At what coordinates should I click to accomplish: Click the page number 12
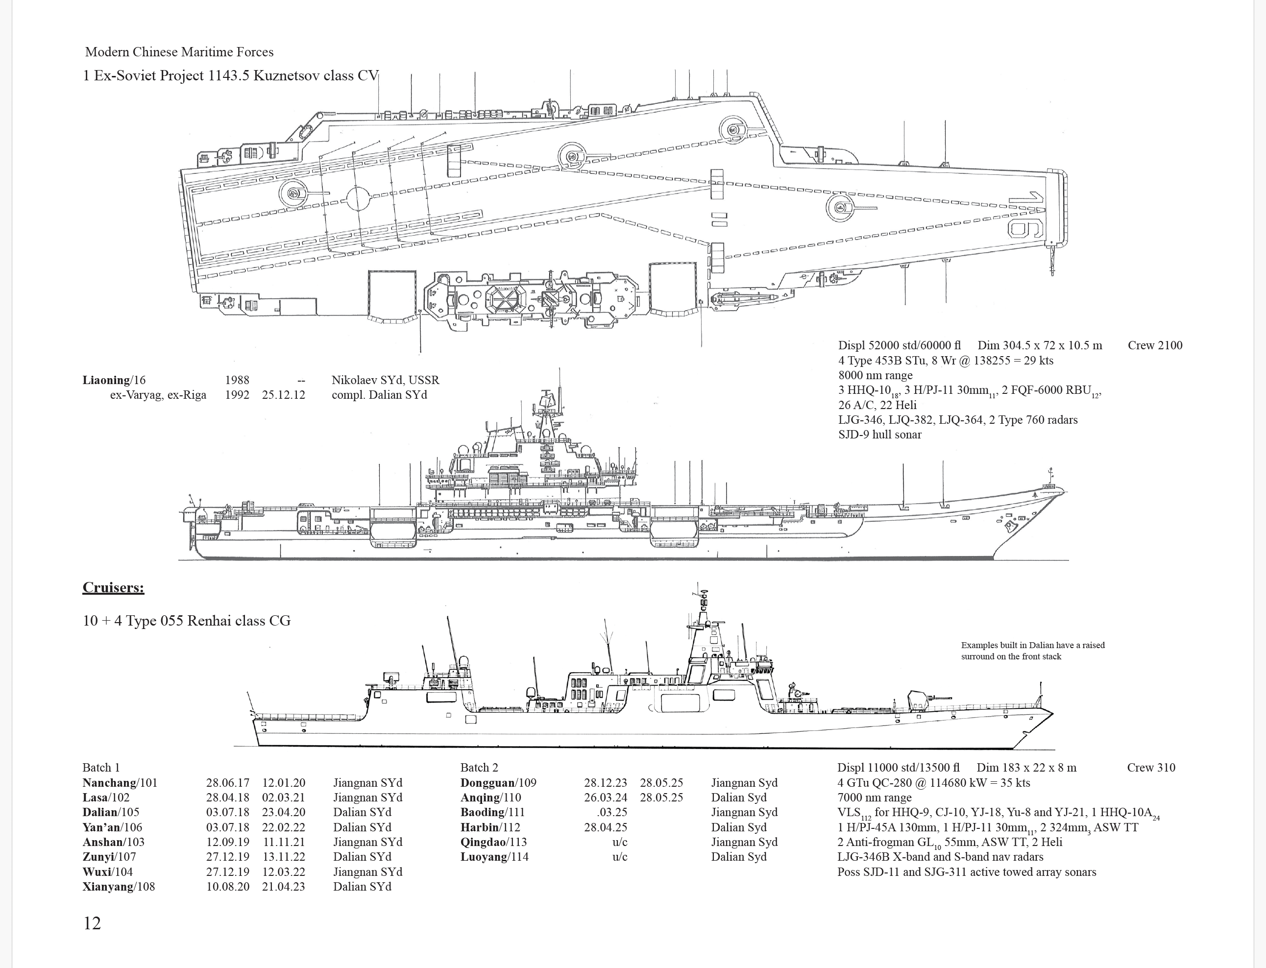point(92,923)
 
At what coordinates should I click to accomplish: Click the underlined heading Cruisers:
point(113,587)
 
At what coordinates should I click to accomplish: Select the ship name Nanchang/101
point(119,782)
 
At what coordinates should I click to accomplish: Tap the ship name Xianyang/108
point(118,886)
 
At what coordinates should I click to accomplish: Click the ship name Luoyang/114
point(494,857)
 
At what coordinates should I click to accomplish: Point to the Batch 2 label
point(479,768)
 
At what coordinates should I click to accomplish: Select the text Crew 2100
point(1154,345)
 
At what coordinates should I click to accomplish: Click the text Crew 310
point(1151,768)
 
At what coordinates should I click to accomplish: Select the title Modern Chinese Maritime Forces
point(179,52)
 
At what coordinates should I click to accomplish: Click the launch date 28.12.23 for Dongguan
point(605,782)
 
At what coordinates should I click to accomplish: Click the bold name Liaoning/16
point(114,380)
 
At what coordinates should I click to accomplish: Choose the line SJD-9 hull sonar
point(879,435)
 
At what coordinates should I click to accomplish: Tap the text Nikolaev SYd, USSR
point(385,380)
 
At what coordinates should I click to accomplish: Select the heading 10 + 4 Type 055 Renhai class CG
point(186,621)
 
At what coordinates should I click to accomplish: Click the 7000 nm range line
point(874,798)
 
